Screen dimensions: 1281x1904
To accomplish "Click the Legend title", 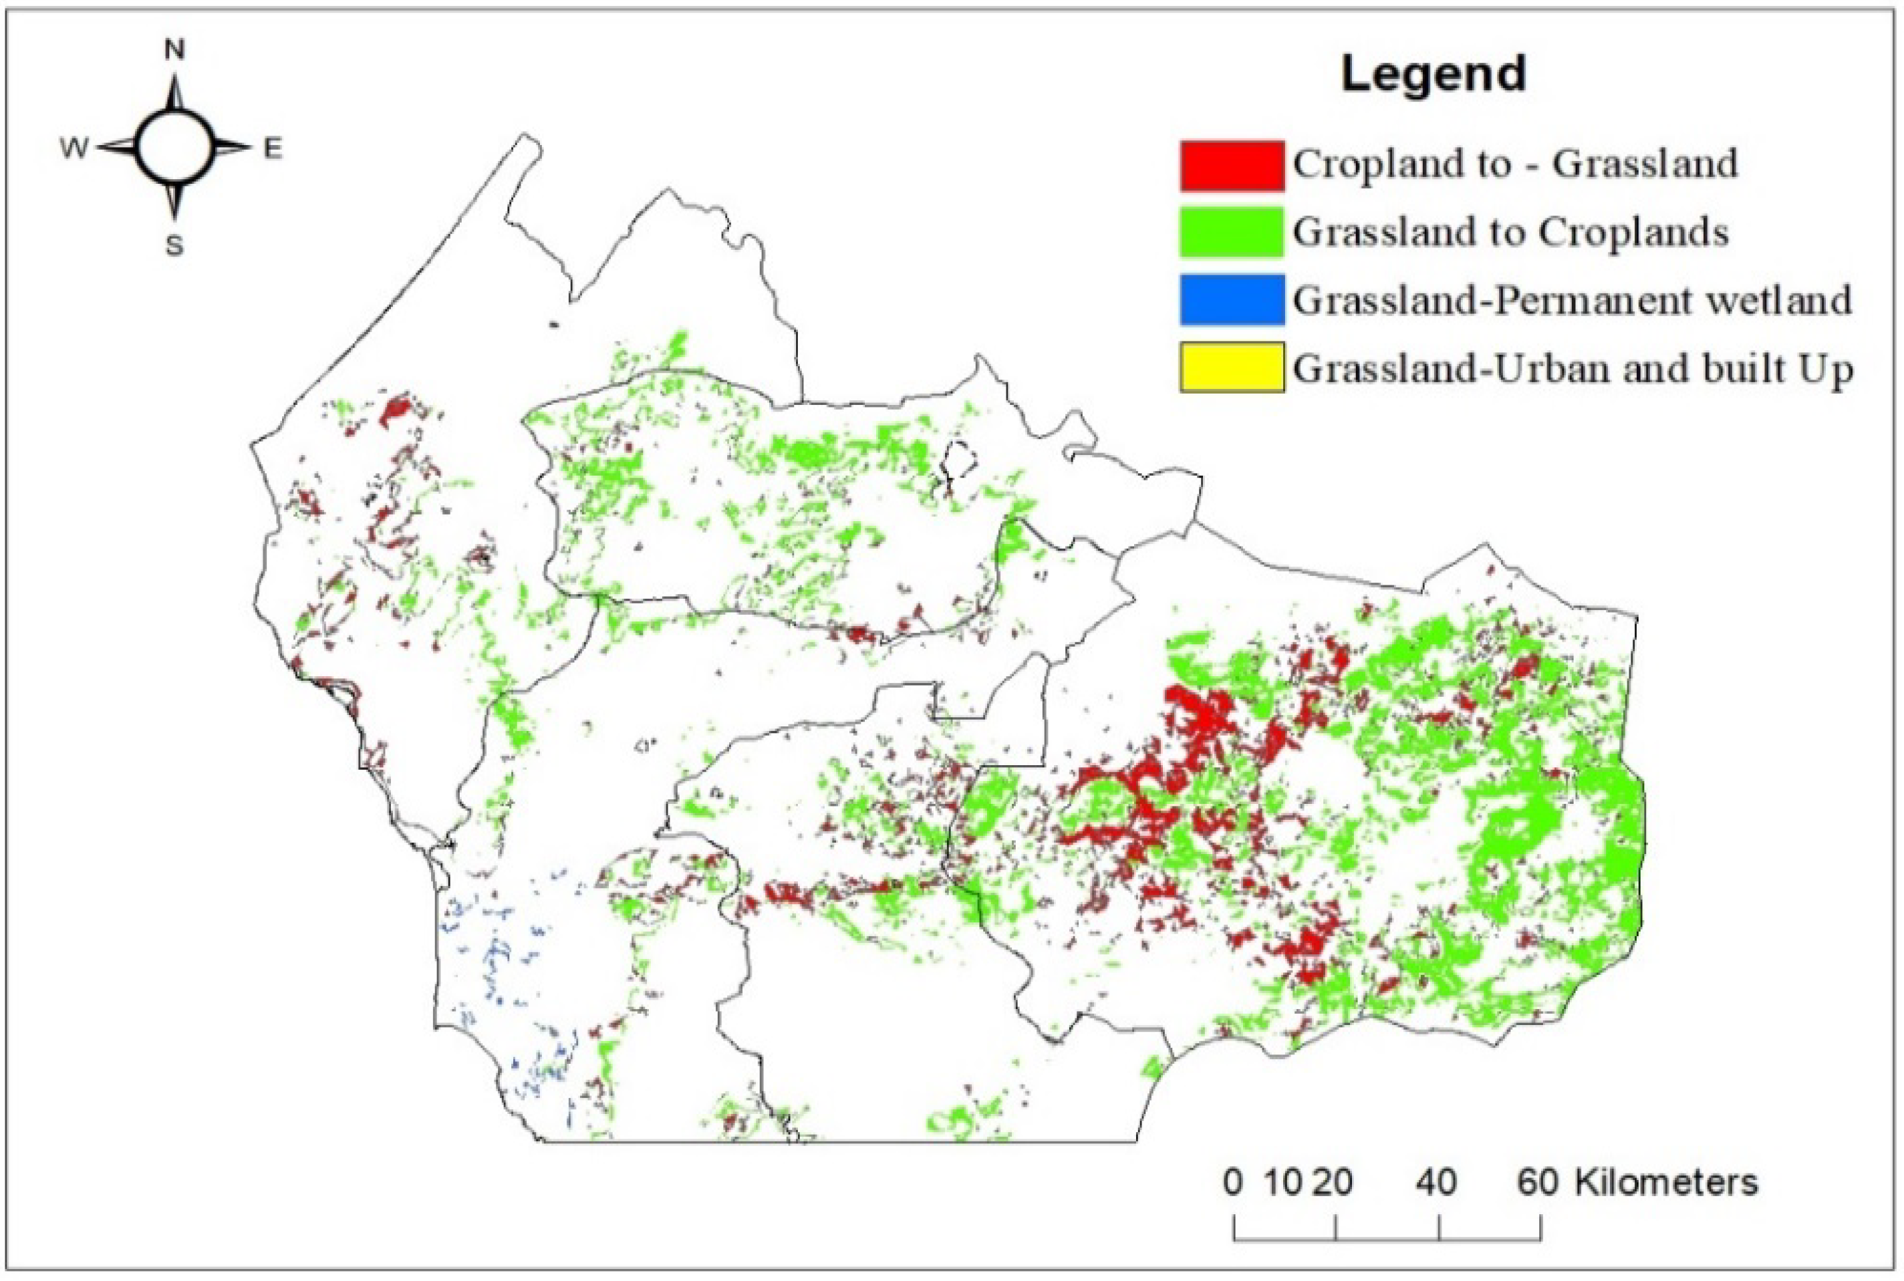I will [x=1433, y=74].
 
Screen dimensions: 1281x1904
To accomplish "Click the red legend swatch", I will [x=1231, y=165].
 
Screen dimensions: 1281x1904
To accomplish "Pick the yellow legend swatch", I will [x=1231, y=368].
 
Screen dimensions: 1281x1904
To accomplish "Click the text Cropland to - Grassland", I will [x=1514, y=164].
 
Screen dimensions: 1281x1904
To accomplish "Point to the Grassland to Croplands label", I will [x=1510, y=233].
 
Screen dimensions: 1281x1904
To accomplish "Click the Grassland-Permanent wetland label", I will [x=1572, y=301].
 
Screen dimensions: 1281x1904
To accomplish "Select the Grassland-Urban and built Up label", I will [x=1573, y=370].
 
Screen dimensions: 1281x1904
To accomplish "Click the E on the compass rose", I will [x=272, y=149].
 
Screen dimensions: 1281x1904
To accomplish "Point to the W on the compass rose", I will [x=74, y=150].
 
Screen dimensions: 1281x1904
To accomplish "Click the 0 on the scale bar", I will [x=1234, y=1182].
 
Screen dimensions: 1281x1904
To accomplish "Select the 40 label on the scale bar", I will [x=1437, y=1182].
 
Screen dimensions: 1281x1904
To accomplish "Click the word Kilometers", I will [x=1666, y=1182].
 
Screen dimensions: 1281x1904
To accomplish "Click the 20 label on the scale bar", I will [x=1333, y=1182].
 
